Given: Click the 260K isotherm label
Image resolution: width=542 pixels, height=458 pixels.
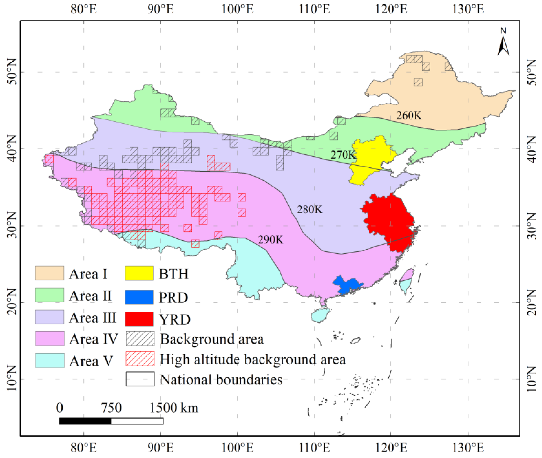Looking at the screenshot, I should tap(409, 116).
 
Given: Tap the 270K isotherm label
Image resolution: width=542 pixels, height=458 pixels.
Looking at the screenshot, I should tap(343, 155).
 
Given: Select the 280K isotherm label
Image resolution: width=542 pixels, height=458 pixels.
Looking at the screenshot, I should tap(309, 209).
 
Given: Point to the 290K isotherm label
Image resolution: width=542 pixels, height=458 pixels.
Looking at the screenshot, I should tap(271, 240).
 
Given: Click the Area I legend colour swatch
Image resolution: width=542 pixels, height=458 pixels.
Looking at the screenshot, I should tap(49, 273).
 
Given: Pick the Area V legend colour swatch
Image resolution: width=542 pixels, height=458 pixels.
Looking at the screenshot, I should tap(49, 360).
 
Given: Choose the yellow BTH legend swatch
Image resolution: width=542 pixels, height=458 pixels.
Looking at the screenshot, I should tap(140, 273).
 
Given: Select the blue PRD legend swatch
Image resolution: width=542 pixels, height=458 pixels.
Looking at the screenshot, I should tap(140, 296).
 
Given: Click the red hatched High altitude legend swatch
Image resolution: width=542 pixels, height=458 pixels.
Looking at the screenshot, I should tap(140, 359).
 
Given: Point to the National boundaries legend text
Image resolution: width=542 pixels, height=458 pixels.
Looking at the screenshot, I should tap(221, 379).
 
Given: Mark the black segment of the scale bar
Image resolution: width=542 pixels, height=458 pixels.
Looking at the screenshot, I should tap(85, 421).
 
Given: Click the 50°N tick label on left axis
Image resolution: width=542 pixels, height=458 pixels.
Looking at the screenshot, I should tap(10, 72).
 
